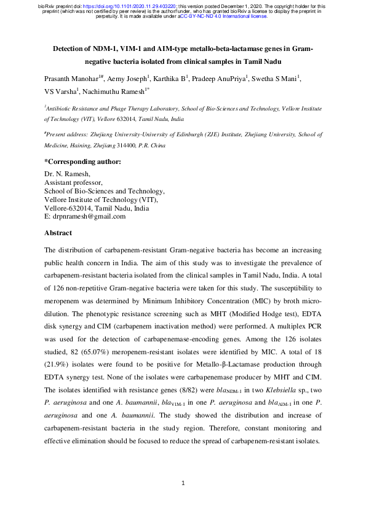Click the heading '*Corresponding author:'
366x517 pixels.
coord(82,161)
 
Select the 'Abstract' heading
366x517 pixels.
coord(58,233)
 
